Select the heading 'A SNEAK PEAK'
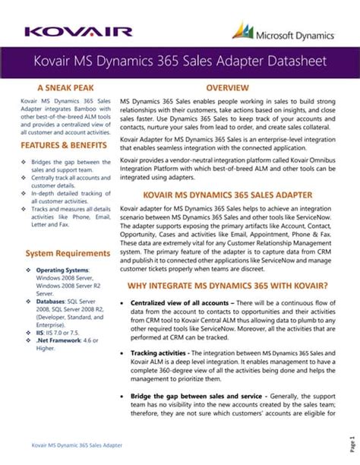pyautogui.click(x=60, y=88)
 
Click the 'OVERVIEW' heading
pyautogui.click(x=228, y=88)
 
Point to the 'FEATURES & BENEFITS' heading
pyautogui.click(x=60, y=145)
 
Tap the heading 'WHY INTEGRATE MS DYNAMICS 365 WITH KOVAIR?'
pyautogui.click(x=228, y=286)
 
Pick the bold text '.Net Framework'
pyautogui.click(x=63, y=341)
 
